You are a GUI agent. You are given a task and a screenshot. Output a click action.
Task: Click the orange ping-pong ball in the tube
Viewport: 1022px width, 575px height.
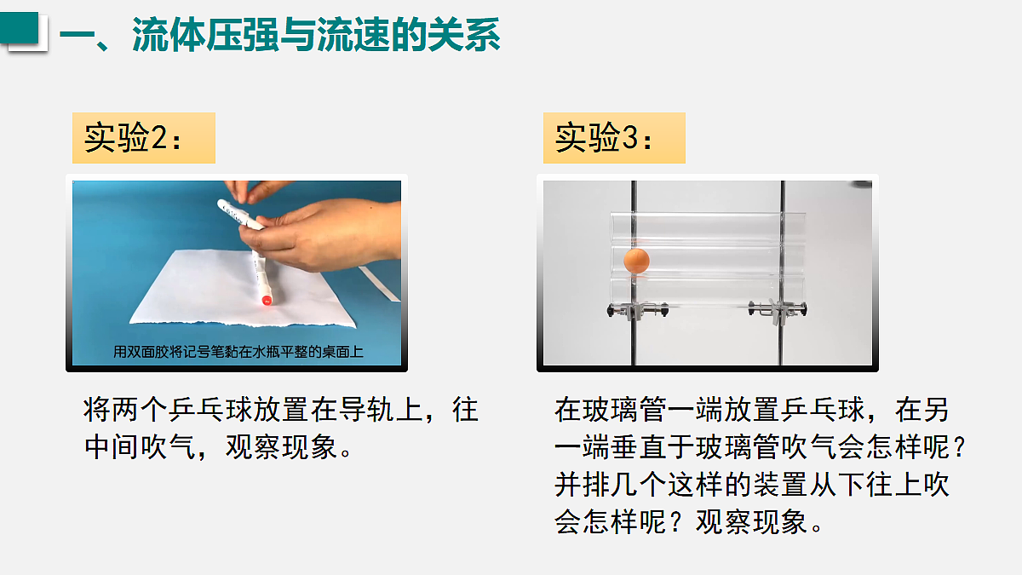click(636, 261)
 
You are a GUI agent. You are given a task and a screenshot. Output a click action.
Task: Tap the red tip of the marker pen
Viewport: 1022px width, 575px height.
click(267, 300)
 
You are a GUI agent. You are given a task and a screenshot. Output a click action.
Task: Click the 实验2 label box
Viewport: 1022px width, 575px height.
click(144, 138)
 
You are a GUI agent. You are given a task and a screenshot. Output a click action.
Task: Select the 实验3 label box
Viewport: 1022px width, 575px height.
click(614, 138)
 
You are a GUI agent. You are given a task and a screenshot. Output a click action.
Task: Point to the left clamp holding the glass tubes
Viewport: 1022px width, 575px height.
click(637, 309)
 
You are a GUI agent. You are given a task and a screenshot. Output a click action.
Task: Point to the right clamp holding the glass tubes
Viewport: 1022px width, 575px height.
click(778, 310)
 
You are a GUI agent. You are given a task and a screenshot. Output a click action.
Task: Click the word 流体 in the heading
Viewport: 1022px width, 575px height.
click(169, 35)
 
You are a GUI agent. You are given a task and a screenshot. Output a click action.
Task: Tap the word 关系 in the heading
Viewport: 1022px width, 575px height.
click(463, 35)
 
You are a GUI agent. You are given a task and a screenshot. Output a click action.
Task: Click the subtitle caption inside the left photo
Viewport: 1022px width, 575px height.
click(238, 352)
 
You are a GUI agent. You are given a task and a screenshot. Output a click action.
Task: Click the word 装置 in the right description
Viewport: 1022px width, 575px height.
click(780, 484)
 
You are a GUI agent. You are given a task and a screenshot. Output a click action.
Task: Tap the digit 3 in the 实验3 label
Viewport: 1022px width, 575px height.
click(629, 137)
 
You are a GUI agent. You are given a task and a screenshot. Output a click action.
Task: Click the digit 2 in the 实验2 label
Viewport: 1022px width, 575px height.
click(158, 137)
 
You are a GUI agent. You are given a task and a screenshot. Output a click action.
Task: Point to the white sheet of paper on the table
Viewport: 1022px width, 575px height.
click(243, 289)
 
